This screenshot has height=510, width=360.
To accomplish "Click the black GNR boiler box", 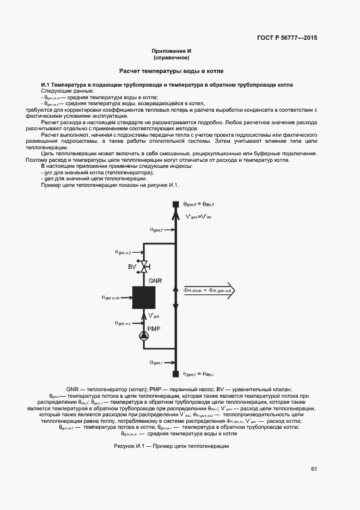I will tap(144, 297).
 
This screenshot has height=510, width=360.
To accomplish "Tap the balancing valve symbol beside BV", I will tap(145, 267).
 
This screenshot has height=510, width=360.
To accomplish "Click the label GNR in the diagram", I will tap(156, 281).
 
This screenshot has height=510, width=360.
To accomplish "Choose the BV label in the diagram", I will tap(132, 266).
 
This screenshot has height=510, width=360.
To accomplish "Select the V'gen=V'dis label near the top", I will tap(198, 217).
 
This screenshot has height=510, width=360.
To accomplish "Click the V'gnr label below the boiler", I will tap(154, 314).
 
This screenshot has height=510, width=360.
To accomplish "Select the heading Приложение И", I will tap(172, 51).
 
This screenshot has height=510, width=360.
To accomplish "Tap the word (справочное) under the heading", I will tap(172, 57).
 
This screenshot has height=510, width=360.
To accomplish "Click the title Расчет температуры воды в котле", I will tap(172, 71).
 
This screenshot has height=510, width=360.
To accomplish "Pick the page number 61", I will tap(314, 469).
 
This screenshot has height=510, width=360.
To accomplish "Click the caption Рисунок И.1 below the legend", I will tap(171, 446).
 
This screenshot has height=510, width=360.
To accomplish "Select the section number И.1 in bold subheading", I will tap(46, 85).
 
